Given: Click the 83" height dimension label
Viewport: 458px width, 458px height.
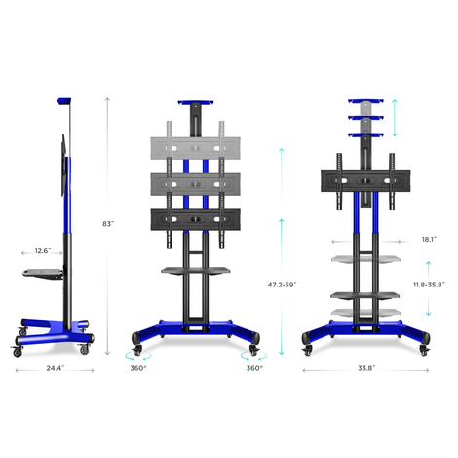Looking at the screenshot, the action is pyautogui.click(x=108, y=224).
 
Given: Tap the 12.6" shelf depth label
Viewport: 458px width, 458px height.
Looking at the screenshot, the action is pyautogui.click(x=43, y=251).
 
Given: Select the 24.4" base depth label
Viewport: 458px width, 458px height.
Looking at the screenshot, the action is pyautogui.click(x=56, y=368).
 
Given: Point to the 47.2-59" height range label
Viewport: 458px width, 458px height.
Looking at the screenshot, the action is pyautogui.click(x=282, y=285).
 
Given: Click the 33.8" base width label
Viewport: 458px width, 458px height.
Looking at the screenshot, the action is pyautogui.click(x=366, y=368).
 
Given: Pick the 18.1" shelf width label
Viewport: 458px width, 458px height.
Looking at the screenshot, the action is pyautogui.click(x=429, y=240).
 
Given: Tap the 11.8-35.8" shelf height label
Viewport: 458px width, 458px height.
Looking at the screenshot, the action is pyautogui.click(x=429, y=285).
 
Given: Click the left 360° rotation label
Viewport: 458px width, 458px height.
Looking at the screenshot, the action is pyautogui.click(x=138, y=368).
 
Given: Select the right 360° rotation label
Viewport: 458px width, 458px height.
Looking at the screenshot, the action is pyautogui.click(x=254, y=368).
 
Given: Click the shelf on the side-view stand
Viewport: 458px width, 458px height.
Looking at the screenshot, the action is pyautogui.click(x=43, y=274).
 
